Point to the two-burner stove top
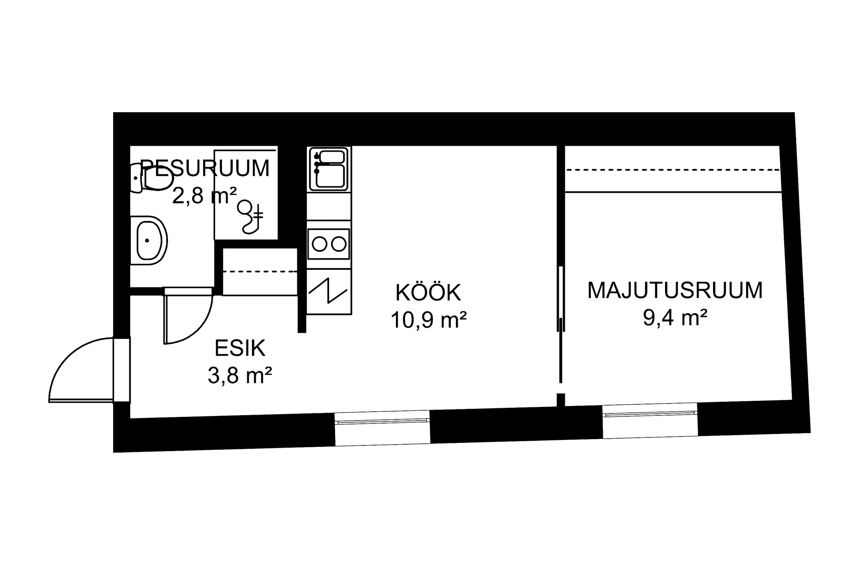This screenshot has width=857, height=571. tap(329, 244)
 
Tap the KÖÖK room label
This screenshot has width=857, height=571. tap(428, 293)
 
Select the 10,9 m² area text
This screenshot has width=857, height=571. tap(428, 320)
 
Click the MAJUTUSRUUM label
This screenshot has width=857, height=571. tap(675, 290)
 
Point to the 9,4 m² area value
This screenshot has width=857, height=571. tap(675, 318)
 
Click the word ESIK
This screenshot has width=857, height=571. tap(240, 348)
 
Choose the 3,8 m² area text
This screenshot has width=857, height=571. tap(240, 376)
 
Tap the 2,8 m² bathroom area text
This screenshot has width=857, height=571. tap(204, 196)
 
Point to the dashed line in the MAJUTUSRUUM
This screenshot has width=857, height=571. tap(673, 170)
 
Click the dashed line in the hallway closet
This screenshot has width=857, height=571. tap(260, 271)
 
